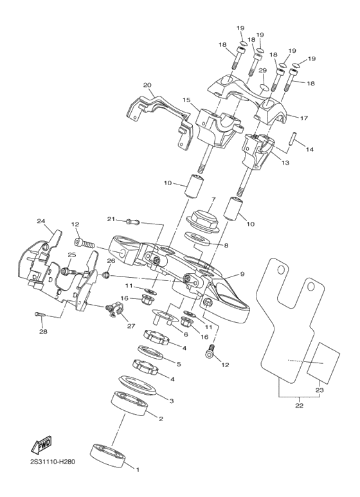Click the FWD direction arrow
[42, 444]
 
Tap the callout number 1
[137, 469]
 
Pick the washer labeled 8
[199, 239]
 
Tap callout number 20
[147, 84]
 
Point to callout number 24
[41, 221]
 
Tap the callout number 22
[298, 406]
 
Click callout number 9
[242, 274]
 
